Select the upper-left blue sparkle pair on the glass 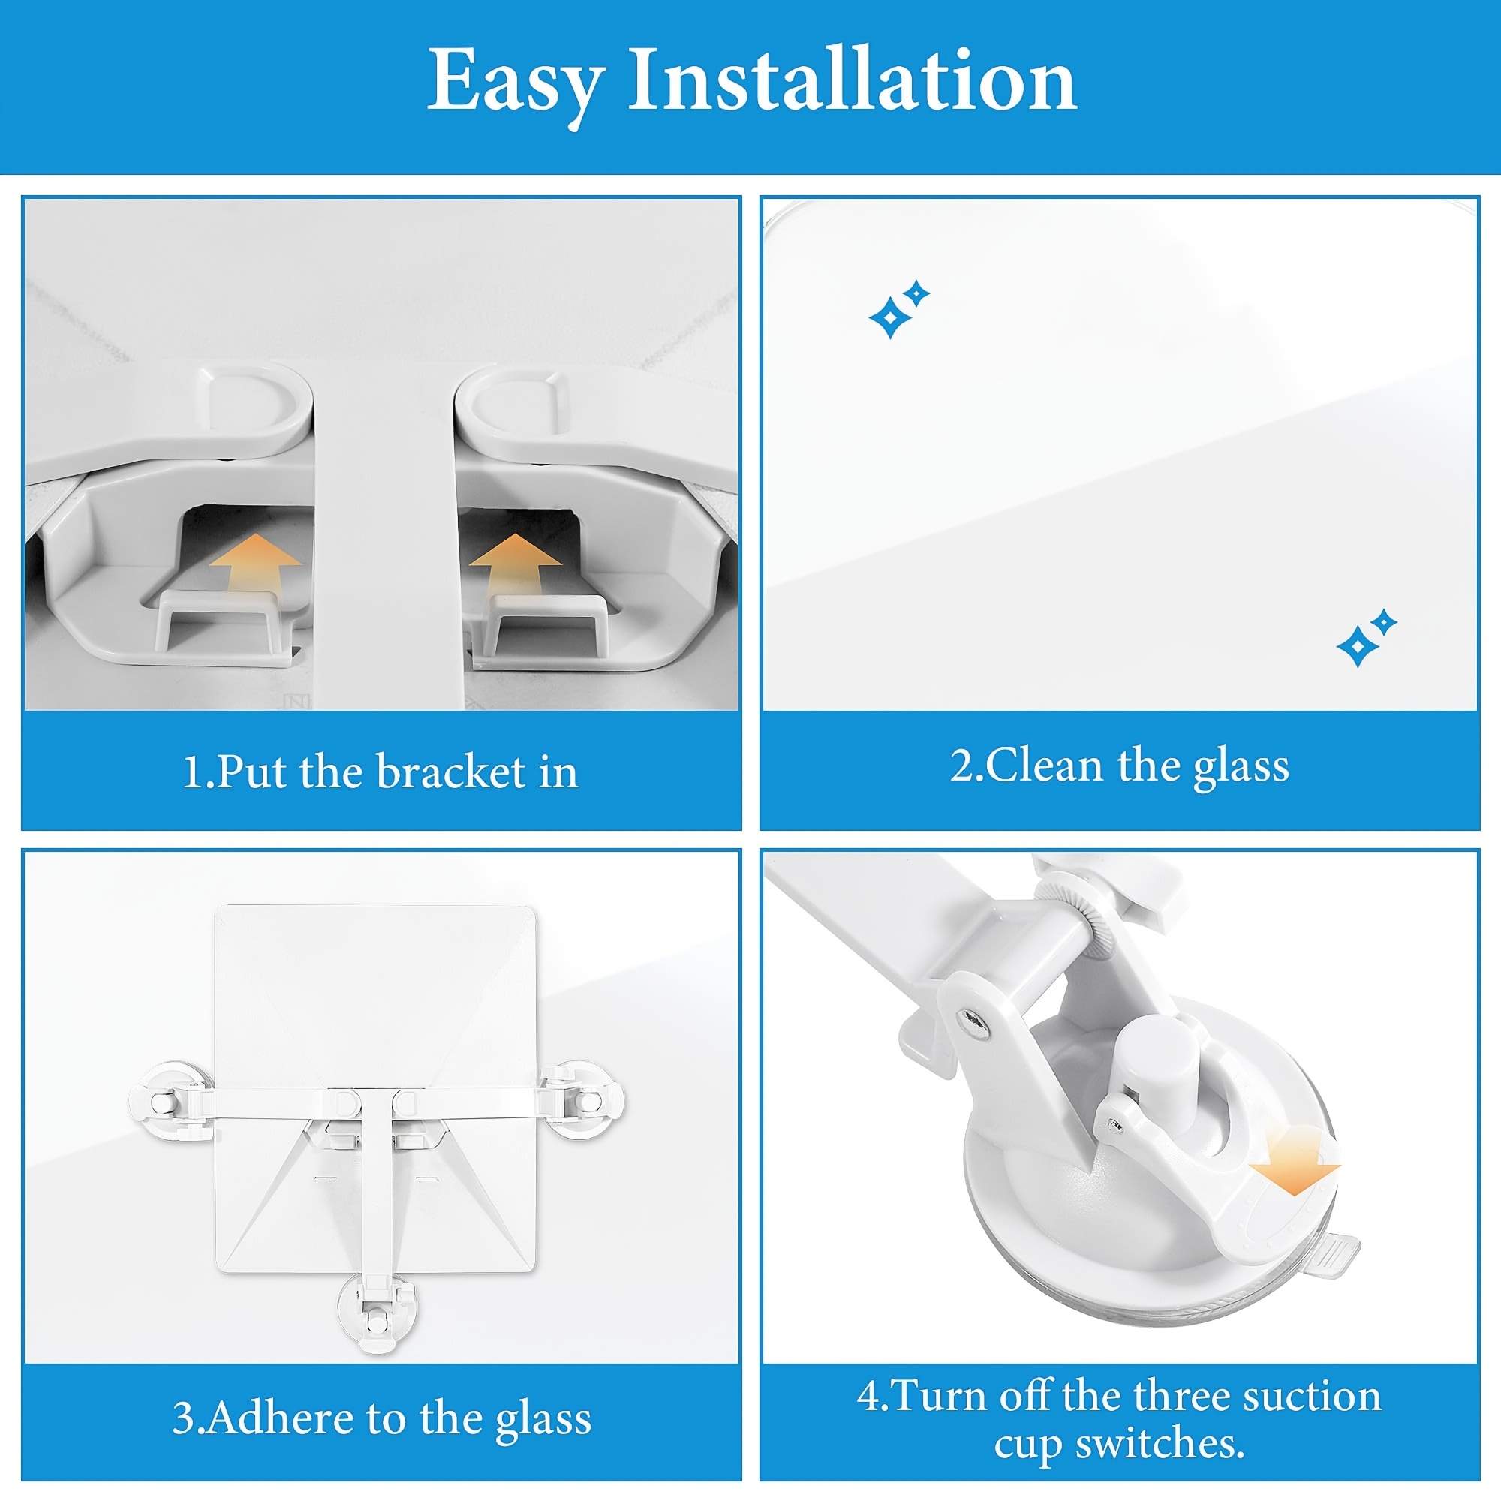coord(899,309)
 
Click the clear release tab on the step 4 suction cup coord(1331,1253)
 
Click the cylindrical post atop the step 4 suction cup coord(1151,1073)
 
